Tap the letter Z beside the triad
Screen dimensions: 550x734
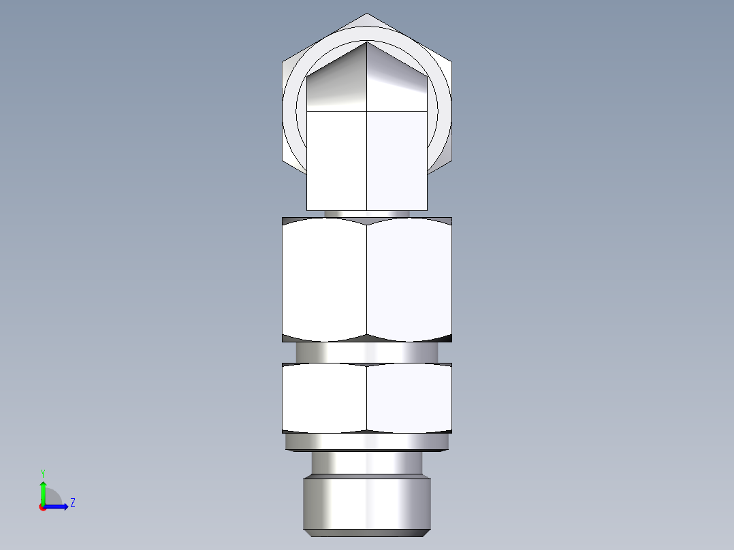click(72, 503)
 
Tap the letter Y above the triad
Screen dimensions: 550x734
click(42, 472)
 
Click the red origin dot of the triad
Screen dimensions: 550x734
click(42, 507)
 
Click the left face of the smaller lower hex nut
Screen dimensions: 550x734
click(324, 398)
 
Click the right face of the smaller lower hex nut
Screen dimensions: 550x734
click(409, 398)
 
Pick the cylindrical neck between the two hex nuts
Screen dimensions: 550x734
click(367, 352)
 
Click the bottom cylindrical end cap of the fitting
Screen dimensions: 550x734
click(367, 505)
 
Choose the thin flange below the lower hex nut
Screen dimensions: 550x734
click(367, 442)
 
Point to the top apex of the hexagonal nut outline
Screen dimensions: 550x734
click(367, 14)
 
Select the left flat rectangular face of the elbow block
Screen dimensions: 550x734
click(337, 160)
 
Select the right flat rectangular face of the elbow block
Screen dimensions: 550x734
click(397, 160)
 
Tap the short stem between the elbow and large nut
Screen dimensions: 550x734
click(367, 214)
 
